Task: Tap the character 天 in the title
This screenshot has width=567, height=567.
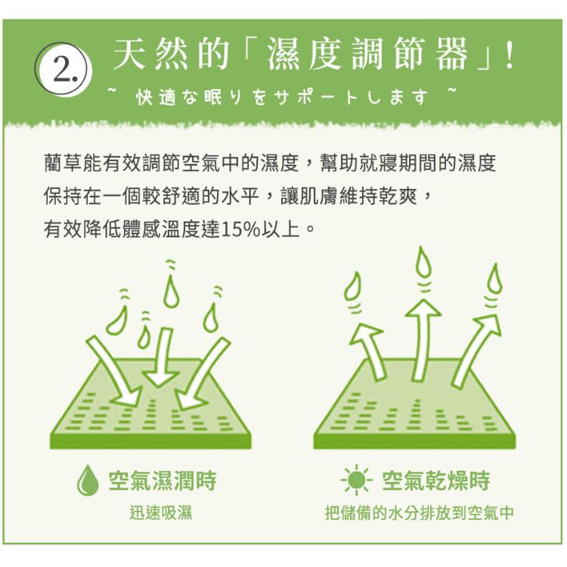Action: [129, 54]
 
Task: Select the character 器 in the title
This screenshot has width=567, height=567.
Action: [451, 54]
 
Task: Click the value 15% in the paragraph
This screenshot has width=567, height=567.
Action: [240, 229]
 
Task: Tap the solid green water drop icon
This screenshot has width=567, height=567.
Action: [88, 480]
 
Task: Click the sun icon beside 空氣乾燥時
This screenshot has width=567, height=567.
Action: [356, 480]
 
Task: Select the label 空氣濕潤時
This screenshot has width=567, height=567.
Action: [163, 481]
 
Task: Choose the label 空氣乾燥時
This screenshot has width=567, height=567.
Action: [435, 481]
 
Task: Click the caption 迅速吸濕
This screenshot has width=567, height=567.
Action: [161, 513]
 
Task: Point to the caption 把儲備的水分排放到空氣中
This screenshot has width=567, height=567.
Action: [419, 513]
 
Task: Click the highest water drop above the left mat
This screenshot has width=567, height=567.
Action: [171, 290]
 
